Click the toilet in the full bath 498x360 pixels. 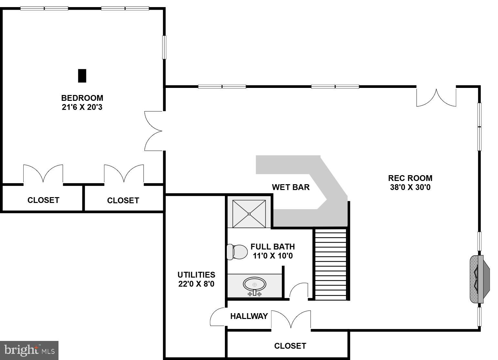point(237,252)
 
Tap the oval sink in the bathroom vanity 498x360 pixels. point(254,284)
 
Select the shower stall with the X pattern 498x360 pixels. point(249,214)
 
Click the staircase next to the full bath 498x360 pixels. point(330,264)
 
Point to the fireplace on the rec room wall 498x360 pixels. point(479,279)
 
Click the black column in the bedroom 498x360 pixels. point(82,76)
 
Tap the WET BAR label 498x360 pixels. point(291,187)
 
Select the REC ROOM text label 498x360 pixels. point(410,178)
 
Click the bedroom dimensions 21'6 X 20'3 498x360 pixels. point(82,107)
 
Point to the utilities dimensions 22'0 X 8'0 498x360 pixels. point(196,284)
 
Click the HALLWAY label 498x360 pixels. point(249,316)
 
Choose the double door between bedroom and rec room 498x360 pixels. point(154,131)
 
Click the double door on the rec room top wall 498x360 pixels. point(436,97)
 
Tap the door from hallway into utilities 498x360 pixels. point(218,317)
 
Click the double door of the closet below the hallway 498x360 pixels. point(291,320)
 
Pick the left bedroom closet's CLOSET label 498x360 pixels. point(43,200)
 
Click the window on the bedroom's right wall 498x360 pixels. point(164,47)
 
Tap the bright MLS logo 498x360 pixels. point(29,350)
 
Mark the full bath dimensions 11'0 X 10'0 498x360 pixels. point(272,256)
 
